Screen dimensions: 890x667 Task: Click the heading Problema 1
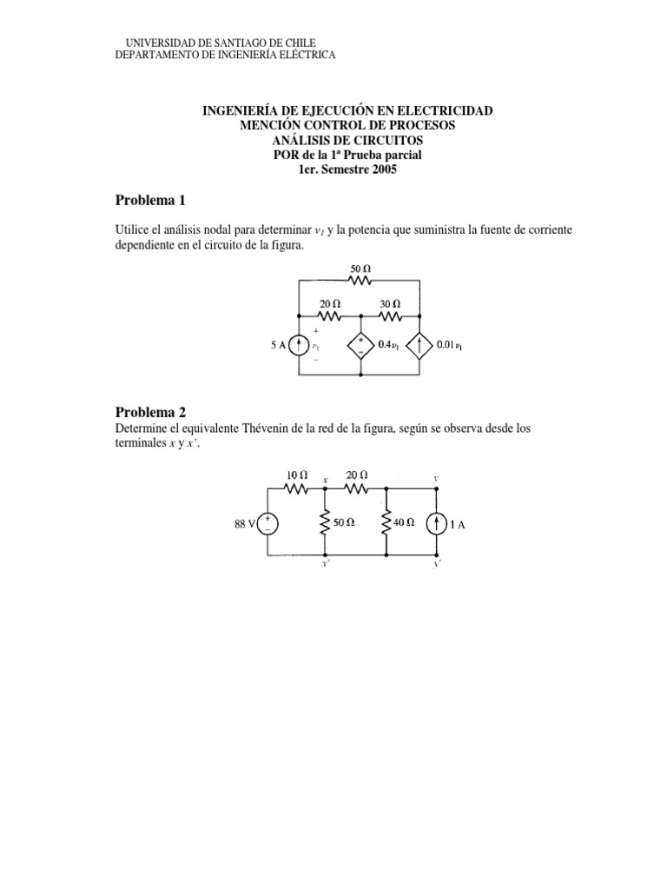coord(151,201)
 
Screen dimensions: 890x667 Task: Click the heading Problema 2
coord(151,412)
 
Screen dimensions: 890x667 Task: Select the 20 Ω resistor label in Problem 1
coord(329,304)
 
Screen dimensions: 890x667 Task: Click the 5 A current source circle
coord(298,345)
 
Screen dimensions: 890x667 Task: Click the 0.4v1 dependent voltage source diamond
coord(360,345)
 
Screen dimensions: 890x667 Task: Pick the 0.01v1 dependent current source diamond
coord(420,345)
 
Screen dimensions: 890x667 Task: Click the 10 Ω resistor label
coord(298,475)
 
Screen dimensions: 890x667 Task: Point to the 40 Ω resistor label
coord(405,523)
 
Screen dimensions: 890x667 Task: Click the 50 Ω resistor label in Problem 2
coord(344,523)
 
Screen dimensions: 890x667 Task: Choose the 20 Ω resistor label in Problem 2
coord(356,475)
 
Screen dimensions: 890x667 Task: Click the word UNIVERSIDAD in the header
coord(158,43)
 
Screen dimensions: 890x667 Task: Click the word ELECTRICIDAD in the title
coord(444,110)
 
